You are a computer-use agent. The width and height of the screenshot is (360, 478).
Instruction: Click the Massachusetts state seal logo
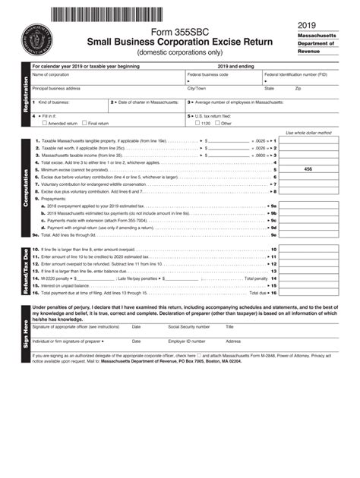pyautogui.click(x=38, y=35)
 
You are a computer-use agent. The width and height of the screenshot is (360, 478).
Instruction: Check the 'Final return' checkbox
pyautogui.click(x=86, y=122)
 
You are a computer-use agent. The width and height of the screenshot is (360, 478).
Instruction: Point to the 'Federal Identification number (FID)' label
pyautogui.click(x=295, y=74)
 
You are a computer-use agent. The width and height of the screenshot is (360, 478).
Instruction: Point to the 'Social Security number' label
pyautogui.click(x=189, y=327)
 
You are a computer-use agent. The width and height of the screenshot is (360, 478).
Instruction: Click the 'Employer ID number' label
pyautogui.click(x=187, y=341)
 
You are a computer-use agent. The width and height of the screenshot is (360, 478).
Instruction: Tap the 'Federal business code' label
pyautogui.click(x=208, y=74)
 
